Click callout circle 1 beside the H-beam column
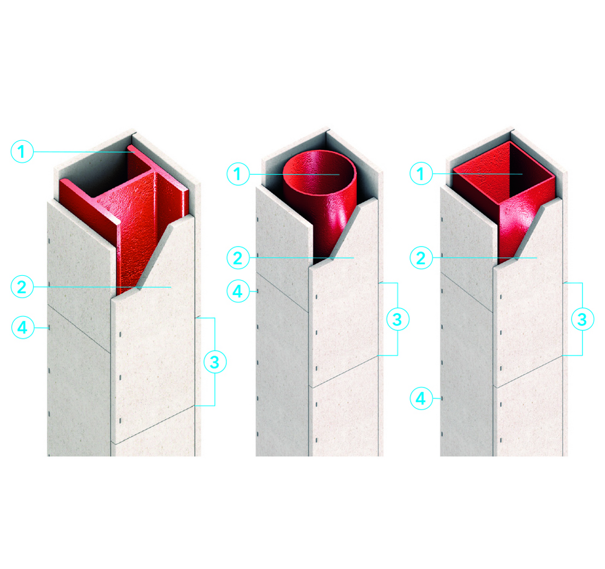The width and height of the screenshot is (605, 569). (x=22, y=151)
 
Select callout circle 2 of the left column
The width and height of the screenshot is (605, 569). (x=22, y=287)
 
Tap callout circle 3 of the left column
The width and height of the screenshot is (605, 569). (x=215, y=362)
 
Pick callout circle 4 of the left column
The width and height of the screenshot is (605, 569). (x=23, y=328)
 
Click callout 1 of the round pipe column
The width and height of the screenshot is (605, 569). (x=238, y=174)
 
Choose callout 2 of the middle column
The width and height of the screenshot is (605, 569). (x=238, y=258)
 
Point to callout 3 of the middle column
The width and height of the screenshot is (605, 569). (x=397, y=319)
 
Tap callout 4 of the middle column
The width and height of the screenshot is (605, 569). (x=238, y=291)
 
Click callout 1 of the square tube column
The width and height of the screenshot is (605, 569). (x=421, y=174)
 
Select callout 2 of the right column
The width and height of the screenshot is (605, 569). (x=421, y=258)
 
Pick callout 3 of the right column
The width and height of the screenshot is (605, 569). (x=582, y=319)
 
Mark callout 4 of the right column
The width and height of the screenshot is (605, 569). (x=421, y=398)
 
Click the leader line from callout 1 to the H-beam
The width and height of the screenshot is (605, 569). (x=84, y=152)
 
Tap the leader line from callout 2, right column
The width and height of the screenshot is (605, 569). (x=485, y=258)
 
